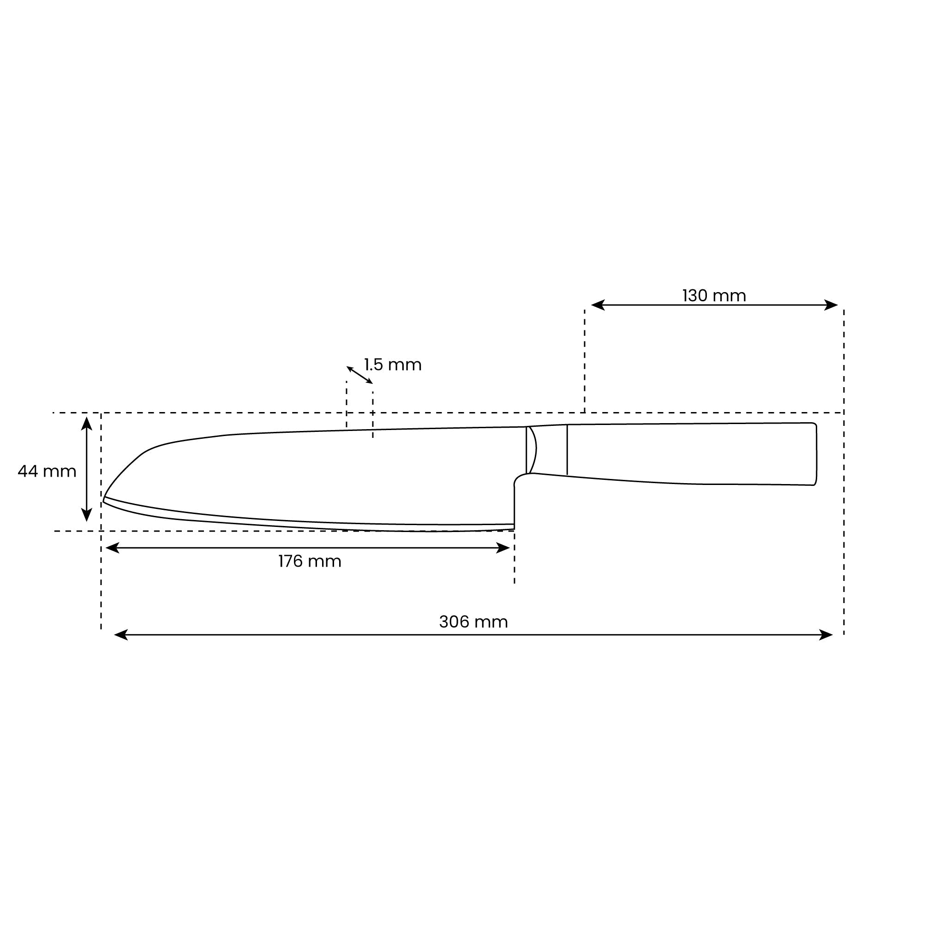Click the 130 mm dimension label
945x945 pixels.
point(714,296)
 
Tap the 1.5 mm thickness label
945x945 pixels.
point(392,365)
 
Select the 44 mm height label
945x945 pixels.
point(47,472)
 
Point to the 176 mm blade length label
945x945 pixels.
point(310,561)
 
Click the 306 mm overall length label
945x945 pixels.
point(473,622)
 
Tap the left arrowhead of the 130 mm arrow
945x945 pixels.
point(598,305)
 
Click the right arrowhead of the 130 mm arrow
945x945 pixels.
point(831,305)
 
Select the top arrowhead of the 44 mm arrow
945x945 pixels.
point(87,423)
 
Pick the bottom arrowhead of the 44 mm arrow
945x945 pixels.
point(87,515)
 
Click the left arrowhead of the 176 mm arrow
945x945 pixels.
point(112,548)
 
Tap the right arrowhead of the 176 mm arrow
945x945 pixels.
point(503,548)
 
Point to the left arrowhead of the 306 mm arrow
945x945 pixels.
point(121,635)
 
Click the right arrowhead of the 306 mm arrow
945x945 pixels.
point(826,635)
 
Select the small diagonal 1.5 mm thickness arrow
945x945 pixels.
point(359,375)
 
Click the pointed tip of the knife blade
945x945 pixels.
point(104,499)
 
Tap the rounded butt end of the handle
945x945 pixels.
point(815,454)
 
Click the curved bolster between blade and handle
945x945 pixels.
point(532,449)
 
